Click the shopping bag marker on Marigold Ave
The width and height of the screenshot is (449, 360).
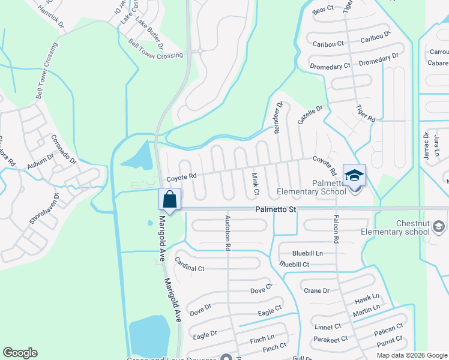pos(170,199)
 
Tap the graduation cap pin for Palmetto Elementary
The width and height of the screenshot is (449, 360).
pos(354,176)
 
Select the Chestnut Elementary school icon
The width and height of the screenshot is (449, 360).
pos(439,226)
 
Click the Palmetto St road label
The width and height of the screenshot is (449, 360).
pos(276,209)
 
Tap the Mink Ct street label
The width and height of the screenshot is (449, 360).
pos(255,183)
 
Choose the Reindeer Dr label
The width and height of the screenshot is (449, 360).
pos(279,117)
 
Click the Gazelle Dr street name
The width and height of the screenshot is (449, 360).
pos(310,115)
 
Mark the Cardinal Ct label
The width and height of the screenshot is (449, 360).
pos(189,265)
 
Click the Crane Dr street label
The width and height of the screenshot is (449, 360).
pos(317,291)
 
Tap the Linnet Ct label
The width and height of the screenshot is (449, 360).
pos(328,327)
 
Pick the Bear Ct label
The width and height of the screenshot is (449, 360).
pos(323,10)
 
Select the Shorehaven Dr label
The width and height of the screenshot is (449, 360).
pos(44,209)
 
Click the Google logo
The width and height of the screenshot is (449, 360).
pos(20,353)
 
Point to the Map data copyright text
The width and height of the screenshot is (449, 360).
pos(412,355)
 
